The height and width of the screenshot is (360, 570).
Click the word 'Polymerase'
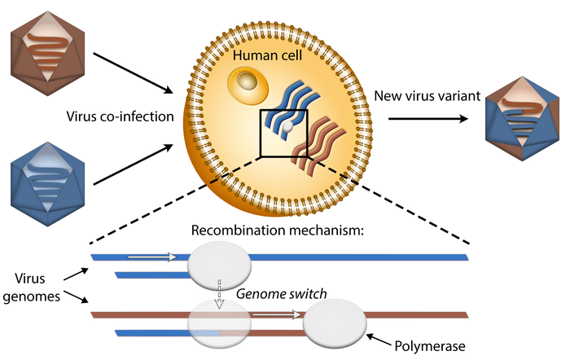click(432, 346)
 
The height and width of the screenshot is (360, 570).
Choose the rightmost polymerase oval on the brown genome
click(335, 323)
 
